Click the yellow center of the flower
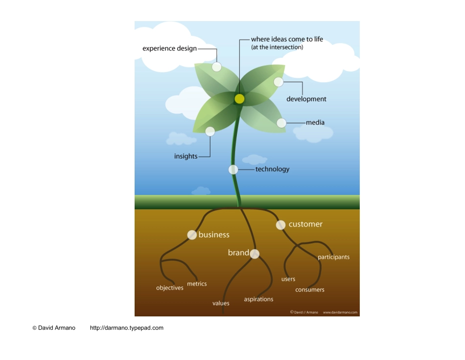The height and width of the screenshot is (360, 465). point(239,99)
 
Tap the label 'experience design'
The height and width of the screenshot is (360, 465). point(169,48)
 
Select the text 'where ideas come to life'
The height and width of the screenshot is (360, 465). point(287,39)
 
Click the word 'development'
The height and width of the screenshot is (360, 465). point(306,99)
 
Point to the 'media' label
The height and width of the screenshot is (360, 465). point(315,122)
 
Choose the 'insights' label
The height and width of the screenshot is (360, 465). point(186,157)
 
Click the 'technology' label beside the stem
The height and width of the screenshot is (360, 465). point(272,169)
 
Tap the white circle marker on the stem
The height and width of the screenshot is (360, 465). point(233,169)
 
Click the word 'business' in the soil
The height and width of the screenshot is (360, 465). point(214,235)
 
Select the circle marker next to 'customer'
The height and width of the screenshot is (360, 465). point(280,225)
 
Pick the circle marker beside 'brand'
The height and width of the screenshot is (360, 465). point(255,254)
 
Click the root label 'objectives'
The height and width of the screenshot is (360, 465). point(170,288)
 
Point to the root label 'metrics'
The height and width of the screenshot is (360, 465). point(197,284)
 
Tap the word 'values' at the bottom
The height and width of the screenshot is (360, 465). point(221,303)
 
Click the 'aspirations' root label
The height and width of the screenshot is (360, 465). point(258,299)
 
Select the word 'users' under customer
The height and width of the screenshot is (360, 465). point(288,279)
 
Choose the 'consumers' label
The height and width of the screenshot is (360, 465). point(310,290)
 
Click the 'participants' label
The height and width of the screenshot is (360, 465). point(333,257)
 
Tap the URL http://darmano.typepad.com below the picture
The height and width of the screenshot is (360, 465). point(127,328)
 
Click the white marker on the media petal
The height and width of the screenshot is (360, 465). point(281,123)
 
